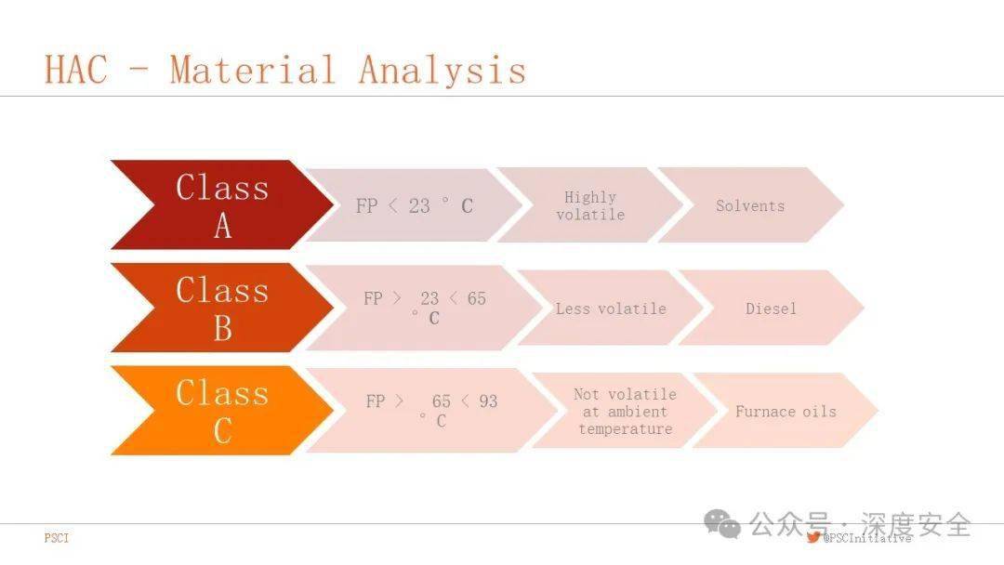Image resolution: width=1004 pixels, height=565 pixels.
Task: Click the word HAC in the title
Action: (75, 69)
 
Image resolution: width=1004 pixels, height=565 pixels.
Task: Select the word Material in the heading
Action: (253, 69)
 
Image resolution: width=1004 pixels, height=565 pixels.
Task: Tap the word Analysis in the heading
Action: (443, 71)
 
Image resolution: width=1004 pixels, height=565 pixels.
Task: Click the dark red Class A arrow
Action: (222, 204)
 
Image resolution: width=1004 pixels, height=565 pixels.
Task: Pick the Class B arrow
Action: (222, 308)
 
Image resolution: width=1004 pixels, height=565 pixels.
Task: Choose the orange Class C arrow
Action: (222, 411)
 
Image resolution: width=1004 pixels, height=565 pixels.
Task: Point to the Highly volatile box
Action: (590, 205)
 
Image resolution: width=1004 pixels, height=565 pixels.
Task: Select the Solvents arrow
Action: (750, 205)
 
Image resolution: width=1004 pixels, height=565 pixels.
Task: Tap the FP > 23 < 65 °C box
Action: (425, 308)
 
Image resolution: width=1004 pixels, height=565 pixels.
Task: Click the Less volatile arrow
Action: (611, 309)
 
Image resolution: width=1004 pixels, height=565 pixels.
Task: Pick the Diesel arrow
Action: (771, 309)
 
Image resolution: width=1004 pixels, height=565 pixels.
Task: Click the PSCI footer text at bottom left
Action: (57, 538)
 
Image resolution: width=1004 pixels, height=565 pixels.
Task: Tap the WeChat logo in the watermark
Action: (722, 524)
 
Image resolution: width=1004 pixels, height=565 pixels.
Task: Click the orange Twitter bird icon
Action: (813, 537)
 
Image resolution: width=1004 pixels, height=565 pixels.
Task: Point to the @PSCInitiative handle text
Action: (867, 538)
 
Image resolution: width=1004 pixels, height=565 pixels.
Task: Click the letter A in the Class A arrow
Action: (223, 225)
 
